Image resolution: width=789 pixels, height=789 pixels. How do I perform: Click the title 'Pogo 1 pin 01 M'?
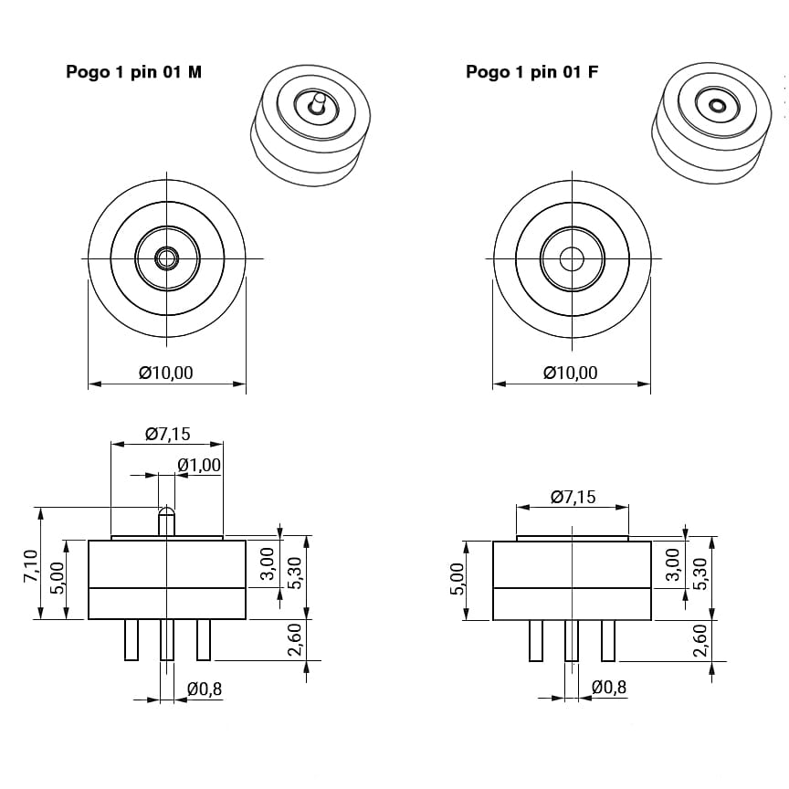pyautogui.click(x=134, y=72)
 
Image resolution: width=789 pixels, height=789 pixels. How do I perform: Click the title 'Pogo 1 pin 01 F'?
pyautogui.click(x=531, y=72)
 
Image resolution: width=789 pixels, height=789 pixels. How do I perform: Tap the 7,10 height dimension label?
pyautogui.click(x=31, y=566)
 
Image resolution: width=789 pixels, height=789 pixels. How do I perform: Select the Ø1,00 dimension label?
pyautogui.click(x=199, y=466)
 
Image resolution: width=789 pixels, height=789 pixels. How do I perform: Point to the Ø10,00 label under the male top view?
pyautogui.click(x=166, y=373)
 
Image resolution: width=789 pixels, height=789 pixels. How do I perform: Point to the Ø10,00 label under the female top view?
pyautogui.click(x=571, y=373)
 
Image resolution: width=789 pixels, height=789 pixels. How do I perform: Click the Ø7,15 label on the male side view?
pyautogui.click(x=168, y=434)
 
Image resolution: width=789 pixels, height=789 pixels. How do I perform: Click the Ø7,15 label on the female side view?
pyautogui.click(x=573, y=497)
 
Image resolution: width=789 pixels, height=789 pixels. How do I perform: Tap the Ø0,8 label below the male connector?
pyautogui.click(x=205, y=689)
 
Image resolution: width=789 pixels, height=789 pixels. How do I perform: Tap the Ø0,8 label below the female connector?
pyautogui.click(x=609, y=688)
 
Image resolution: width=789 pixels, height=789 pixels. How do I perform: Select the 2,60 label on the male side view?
pyautogui.click(x=294, y=639)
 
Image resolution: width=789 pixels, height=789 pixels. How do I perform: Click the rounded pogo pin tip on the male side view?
pyautogui.click(x=166, y=514)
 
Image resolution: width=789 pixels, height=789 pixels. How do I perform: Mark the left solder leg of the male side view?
pyautogui.click(x=131, y=639)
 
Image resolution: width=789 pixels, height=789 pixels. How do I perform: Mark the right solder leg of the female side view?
pyautogui.click(x=608, y=640)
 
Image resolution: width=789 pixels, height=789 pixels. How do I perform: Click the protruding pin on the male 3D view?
pyautogui.click(x=317, y=102)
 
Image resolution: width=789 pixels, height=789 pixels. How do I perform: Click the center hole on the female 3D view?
pyautogui.click(x=717, y=105)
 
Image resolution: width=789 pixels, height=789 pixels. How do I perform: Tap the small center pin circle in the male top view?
pyautogui.click(x=166, y=258)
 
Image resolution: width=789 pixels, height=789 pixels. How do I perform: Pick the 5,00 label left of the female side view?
pyautogui.click(x=458, y=579)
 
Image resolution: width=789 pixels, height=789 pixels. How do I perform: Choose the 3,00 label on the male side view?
pyautogui.click(x=268, y=563)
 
